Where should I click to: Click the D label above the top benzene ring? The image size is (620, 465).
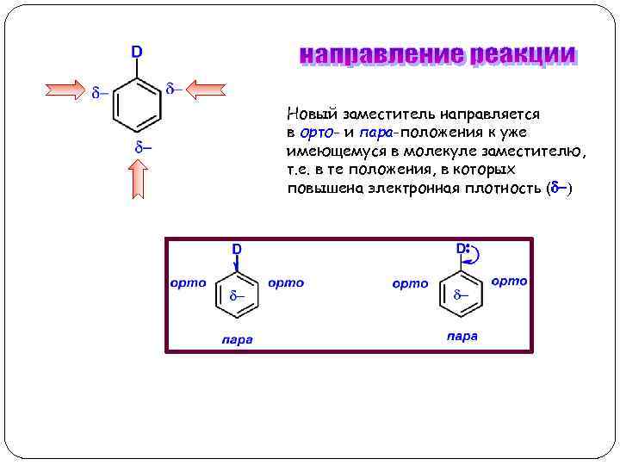[137, 52]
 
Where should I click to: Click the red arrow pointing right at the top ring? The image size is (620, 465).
[65, 90]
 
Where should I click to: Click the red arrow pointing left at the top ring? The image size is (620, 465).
[206, 90]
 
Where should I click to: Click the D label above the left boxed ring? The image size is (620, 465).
[235, 250]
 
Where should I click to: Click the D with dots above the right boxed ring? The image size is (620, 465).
[462, 248]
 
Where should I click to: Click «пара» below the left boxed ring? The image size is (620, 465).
[236, 339]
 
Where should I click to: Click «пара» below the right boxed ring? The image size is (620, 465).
[462, 336]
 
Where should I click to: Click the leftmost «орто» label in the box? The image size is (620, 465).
[188, 282]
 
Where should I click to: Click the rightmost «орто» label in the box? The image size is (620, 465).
[509, 281]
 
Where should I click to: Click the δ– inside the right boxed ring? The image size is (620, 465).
[462, 295]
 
